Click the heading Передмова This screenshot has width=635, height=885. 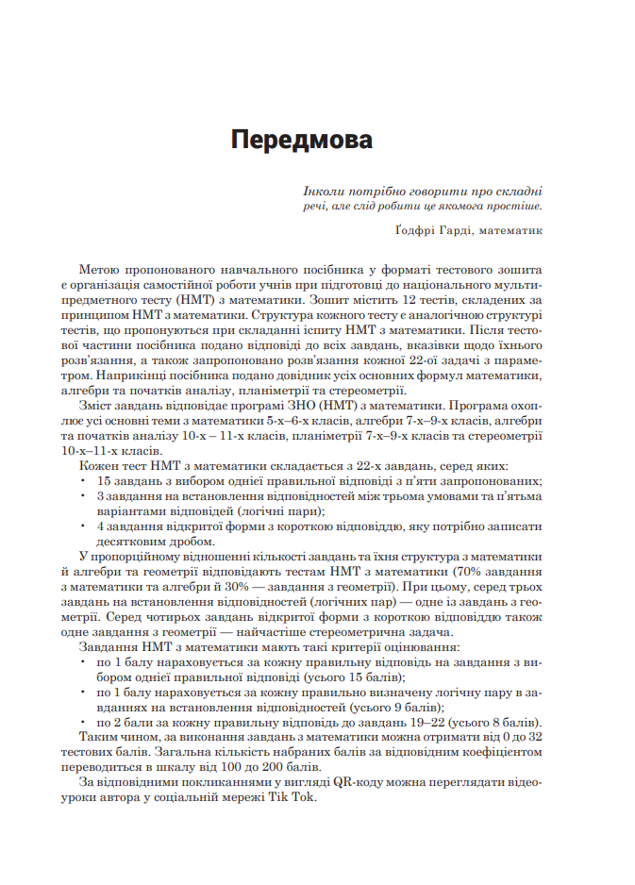301,141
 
